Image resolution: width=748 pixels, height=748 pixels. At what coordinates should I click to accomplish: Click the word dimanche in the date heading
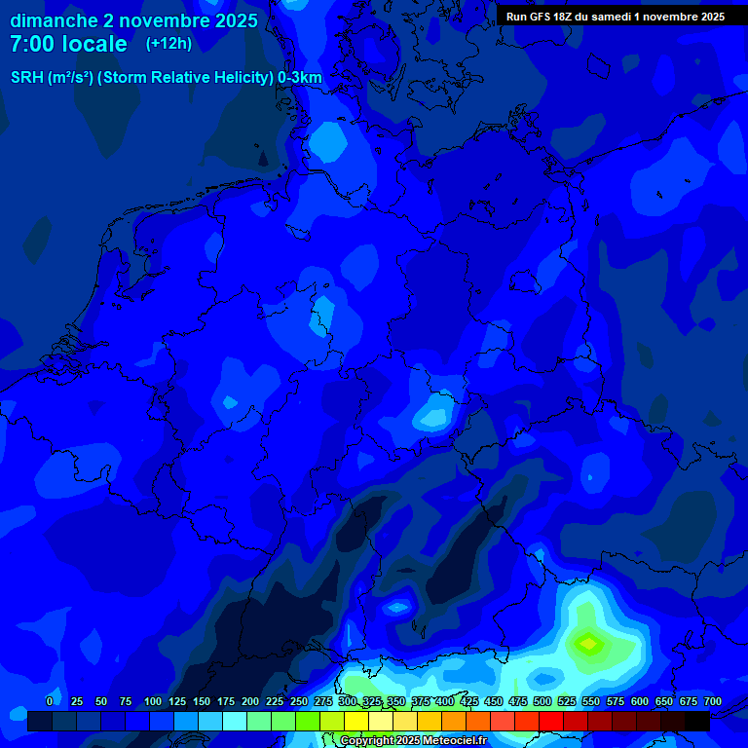[54, 20]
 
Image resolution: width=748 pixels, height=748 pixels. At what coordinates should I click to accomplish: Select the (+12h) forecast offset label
[168, 43]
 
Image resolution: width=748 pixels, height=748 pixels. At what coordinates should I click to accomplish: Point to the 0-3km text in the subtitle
[299, 78]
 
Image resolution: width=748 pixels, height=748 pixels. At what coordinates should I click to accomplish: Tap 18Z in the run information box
[566, 17]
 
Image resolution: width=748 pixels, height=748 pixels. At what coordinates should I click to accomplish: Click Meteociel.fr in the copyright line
[455, 741]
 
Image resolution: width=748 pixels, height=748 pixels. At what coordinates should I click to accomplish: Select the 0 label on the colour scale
[50, 701]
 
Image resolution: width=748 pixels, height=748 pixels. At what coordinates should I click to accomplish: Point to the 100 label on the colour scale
[153, 701]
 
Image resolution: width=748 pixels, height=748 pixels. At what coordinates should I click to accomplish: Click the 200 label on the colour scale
[250, 701]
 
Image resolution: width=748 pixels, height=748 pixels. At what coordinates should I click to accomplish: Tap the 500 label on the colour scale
[542, 701]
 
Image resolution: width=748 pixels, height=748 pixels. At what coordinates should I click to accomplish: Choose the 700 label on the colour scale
[713, 701]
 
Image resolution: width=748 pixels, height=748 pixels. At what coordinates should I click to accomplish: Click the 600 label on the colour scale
[640, 701]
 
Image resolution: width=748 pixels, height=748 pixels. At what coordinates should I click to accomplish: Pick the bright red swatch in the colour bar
[551, 722]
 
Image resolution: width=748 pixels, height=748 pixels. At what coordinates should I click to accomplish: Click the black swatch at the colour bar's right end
[697, 722]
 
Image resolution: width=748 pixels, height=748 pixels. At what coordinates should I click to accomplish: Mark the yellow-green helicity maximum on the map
[588, 643]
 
